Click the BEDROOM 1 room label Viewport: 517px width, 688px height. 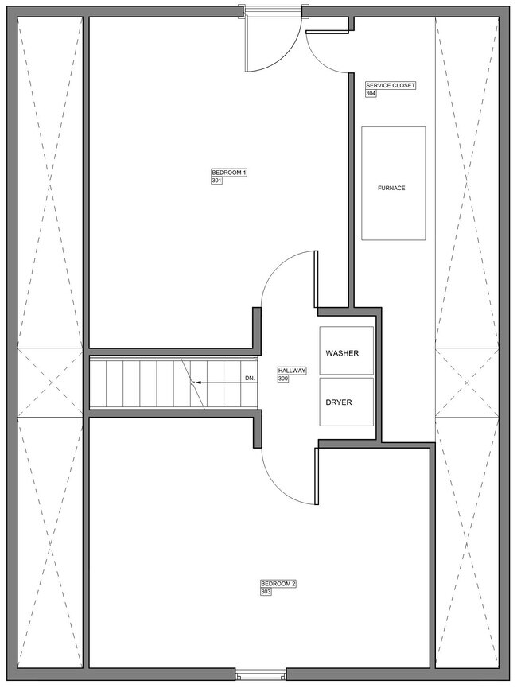click(x=230, y=173)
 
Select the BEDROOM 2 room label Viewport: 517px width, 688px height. click(x=278, y=584)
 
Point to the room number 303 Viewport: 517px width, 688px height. click(x=266, y=592)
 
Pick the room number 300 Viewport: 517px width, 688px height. click(x=283, y=379)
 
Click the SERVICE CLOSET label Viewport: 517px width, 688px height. click(x=390, y=85)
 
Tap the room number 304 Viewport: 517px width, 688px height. click(x=371, y=94)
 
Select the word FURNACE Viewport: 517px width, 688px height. click(x=391, y=189)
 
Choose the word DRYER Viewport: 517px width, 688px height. click(x=338, y=402)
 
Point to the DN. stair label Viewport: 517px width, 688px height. click(x=250, y=379)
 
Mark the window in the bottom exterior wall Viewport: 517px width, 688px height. click(x=262, y=676)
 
